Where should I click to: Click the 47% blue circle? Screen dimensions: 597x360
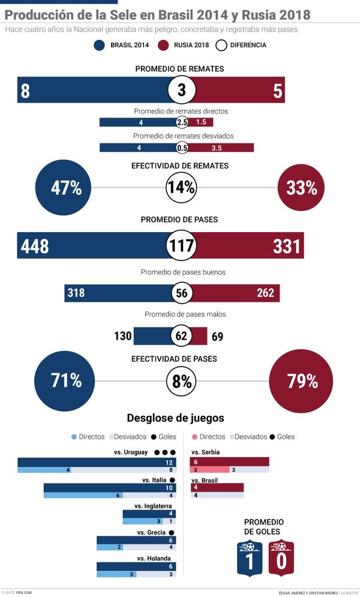(66, 188)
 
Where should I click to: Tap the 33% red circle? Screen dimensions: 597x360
(301, 188)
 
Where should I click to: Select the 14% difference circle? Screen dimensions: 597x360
(181, 188)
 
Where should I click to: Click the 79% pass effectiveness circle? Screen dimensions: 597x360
(302, 381)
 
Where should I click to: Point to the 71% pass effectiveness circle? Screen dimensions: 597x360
(66, 381)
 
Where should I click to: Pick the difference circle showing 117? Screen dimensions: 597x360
(181, 246)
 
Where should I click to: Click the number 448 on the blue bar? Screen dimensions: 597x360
(35, 246)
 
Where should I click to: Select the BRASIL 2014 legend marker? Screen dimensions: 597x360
(100, 45)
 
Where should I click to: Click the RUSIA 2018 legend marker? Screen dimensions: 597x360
(163, 45)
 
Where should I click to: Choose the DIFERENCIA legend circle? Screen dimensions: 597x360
(221, 45)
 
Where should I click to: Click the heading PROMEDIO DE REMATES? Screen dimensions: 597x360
(179, 69)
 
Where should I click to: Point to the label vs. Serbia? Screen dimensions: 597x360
(205, 452)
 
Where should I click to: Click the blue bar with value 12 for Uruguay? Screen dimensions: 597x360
(97, 463)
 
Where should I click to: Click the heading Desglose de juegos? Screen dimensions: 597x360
(175, 418)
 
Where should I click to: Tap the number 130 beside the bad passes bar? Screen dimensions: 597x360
(122, 337)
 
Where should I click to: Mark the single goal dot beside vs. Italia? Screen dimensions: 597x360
(172, 480)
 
